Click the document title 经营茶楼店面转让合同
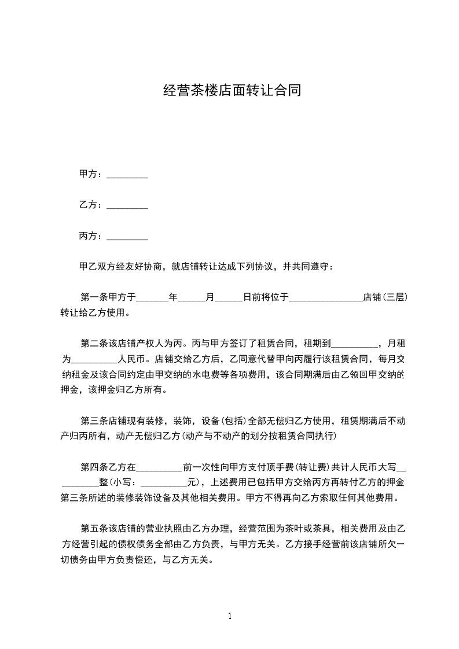[x=232, y=91]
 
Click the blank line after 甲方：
[x=127, y=175]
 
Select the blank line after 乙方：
[x=127, y=205]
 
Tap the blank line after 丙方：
[x=127, y=237]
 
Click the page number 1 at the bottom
[x=230, y=616]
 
